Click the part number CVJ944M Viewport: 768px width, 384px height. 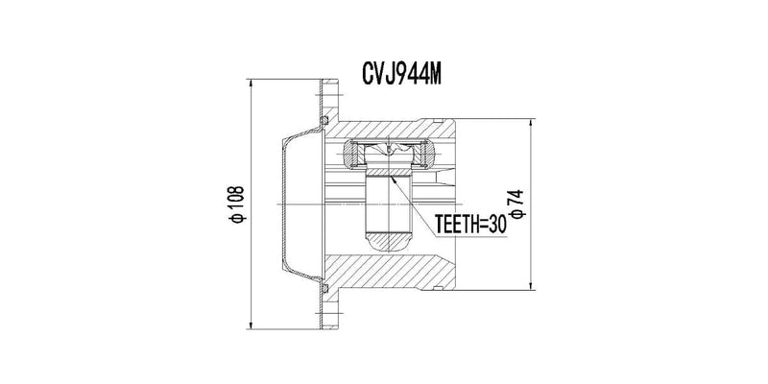[401, 74]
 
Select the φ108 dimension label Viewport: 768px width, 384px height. [237, 204]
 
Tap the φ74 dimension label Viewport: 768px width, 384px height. [516, 204]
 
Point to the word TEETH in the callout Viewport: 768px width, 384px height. [455, 225]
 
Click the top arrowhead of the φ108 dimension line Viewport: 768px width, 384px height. [251, 84]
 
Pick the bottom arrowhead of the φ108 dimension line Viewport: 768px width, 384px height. [251, 324]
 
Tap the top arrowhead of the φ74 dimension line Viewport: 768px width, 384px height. [531, 124]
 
